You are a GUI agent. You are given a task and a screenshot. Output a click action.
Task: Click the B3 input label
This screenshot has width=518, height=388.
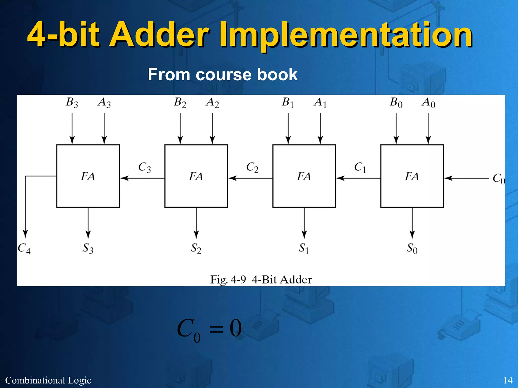point(72,103)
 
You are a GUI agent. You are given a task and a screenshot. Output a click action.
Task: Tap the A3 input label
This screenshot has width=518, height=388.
point(104,103)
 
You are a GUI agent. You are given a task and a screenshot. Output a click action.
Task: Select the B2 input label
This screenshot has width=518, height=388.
point(180,103)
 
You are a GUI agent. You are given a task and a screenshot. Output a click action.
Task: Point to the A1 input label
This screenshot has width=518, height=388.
point(320,103)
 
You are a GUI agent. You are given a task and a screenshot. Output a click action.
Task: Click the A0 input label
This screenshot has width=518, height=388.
point(428,103)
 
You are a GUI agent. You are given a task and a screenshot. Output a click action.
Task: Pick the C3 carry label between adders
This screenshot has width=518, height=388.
point(144,167)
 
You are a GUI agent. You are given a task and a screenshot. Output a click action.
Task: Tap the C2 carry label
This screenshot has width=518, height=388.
point(252,167)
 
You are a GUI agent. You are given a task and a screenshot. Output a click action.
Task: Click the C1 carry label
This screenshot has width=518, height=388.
point(360,167)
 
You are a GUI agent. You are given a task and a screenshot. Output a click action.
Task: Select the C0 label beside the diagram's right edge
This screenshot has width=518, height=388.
point(498,179)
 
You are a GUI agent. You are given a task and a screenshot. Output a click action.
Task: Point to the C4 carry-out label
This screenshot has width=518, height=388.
point(24,249)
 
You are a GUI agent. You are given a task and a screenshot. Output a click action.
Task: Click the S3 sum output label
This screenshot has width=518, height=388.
point(88,248)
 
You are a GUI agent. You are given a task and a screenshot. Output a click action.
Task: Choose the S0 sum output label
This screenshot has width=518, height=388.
point(412,248)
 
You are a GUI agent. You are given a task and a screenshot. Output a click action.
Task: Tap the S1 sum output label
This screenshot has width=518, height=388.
point(304,248)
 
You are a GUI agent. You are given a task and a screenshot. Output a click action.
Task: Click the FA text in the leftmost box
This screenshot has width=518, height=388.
point(88,176)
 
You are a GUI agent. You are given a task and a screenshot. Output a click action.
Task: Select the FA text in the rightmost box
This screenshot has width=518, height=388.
point(412,176)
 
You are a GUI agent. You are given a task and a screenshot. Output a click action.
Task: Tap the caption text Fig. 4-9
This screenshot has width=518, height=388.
point(228,280)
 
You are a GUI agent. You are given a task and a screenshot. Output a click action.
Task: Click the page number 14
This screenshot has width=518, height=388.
point(508,380)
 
